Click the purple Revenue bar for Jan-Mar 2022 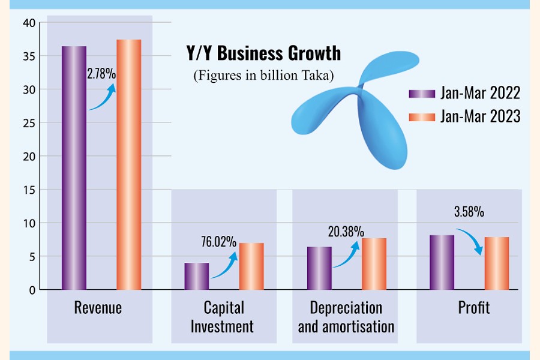click(x=74, y=168)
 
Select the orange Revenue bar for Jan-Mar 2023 click(x=128, y=165)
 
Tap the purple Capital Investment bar click(x=196, y=276)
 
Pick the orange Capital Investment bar click(x=251, y=266)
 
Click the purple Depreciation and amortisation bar click(x=319, y=268)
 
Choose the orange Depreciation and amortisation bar click(x=373, y=264)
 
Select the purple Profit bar click(x=442, y=262)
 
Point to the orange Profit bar click(x=496, y=263)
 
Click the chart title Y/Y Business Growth click(x=263, y=53)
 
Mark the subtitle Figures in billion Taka click(x=263, y=76)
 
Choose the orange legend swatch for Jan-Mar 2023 click(x=415, y=116)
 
